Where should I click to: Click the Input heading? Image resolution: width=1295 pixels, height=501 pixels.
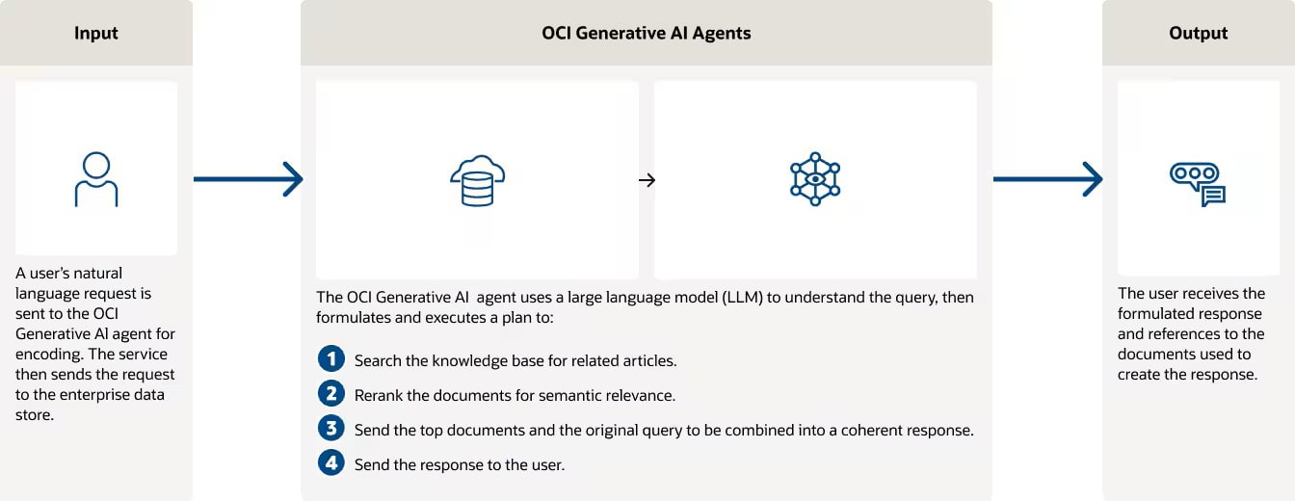96,33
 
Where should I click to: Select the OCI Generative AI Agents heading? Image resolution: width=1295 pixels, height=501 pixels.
647,33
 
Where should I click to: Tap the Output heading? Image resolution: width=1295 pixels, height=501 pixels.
1198,33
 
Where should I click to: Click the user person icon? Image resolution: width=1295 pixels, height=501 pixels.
96,179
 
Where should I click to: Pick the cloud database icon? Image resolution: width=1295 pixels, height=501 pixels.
478,180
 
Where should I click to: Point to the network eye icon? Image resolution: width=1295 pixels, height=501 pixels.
815,179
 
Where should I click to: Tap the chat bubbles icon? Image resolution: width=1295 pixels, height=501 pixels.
1198,184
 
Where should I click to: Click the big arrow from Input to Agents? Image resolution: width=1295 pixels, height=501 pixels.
249,179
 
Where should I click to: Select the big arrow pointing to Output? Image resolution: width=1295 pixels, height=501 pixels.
1048,179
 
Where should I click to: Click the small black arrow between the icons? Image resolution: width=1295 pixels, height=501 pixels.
647,180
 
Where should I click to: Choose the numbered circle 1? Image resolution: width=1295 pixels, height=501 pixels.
331,358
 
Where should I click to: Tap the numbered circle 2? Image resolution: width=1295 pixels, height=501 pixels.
331,393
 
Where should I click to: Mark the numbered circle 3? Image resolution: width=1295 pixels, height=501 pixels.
331,428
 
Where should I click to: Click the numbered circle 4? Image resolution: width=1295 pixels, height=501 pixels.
331,462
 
